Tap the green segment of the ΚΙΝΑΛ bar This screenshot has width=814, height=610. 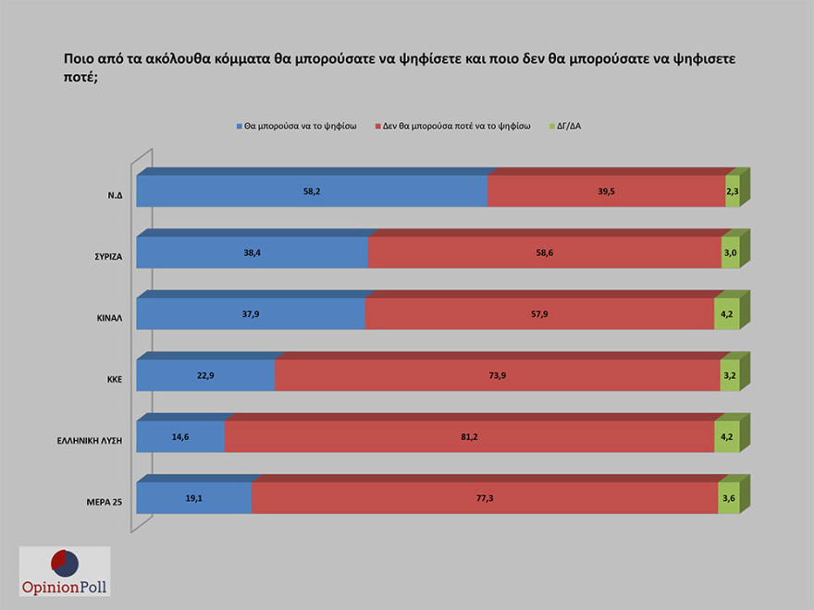(726, 313)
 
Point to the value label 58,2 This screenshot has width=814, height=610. (311, 191)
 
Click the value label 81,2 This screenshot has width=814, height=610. (469, 436)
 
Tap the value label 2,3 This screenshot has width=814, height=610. (732, 191)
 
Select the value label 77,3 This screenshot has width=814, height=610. (485, 497)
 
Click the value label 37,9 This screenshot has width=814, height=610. (250, 313)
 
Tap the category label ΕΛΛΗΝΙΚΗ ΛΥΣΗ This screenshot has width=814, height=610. (91, 441)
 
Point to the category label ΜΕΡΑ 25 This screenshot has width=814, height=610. (101, 503)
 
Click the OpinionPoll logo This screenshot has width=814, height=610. (65, 571)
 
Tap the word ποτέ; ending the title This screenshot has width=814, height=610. (83, 79)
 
